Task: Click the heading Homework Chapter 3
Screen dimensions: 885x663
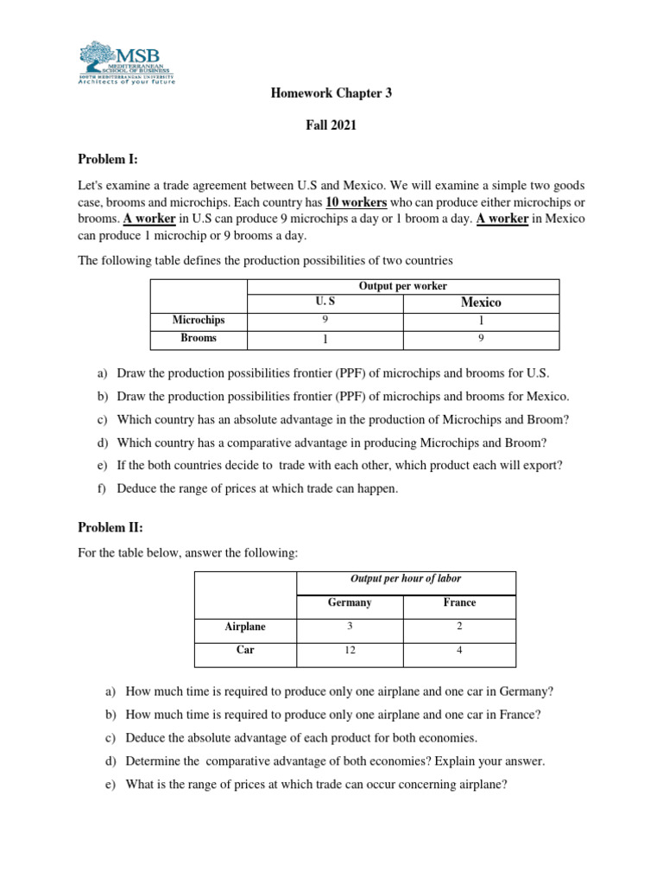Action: [331, 93]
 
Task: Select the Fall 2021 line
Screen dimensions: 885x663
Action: [331, 125]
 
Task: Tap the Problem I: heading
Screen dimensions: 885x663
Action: [108, 159]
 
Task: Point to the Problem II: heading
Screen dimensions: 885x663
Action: [110, 527]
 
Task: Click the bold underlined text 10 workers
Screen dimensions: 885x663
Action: [357, 202]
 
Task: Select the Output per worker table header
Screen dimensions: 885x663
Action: [402, 286]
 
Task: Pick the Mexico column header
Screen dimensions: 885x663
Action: [481, 302]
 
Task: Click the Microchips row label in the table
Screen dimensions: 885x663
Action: [199, 320]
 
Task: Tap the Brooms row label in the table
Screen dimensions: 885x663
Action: [199, 338]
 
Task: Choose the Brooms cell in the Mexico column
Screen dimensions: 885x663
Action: [481, 338]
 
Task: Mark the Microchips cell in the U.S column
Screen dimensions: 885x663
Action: [325, 320]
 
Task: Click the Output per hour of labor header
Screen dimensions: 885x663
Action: [406, 578]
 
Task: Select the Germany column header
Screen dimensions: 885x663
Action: [350, 602]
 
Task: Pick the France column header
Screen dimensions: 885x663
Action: [459, 602]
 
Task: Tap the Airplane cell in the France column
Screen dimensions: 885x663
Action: [459, 627]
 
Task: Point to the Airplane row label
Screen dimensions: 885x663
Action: [245, 627]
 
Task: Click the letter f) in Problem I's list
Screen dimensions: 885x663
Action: [103, 488]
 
